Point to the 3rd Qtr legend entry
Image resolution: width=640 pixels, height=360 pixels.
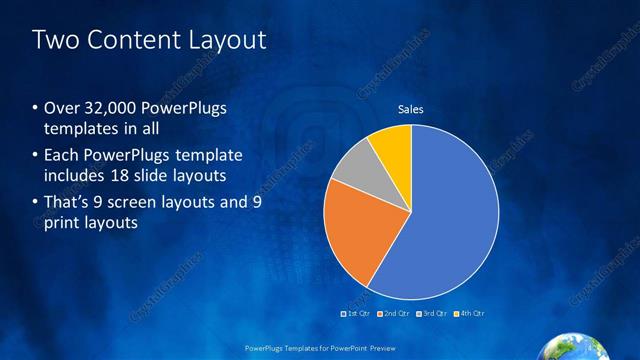click(x=432, y=313)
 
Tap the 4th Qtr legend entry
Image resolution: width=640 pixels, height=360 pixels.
click(x=471, y=313)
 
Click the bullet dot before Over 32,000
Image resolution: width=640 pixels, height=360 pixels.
click(x=36, y=109)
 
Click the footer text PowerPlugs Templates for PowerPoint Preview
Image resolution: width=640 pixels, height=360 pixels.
click(x=320, y=348)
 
